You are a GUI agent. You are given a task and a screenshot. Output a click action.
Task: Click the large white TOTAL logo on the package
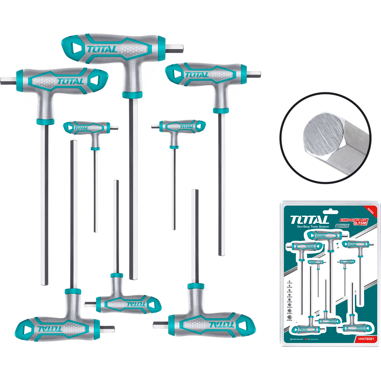(x=309, y=220)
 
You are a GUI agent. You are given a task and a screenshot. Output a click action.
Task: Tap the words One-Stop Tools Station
(x=313, y=227)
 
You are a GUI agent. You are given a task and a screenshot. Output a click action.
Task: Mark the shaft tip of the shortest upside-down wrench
(x=116, y=181)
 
